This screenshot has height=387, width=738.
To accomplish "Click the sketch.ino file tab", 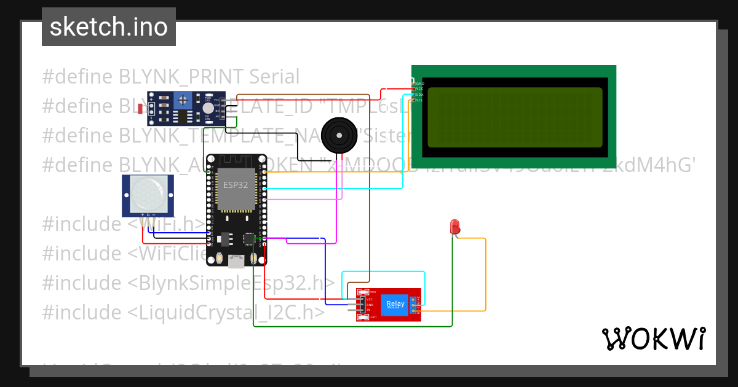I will [x=109, y=27].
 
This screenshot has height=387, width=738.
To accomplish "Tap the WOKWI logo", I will [x=653, y=338].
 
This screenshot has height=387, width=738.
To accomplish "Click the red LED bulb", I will [x=455, y=226].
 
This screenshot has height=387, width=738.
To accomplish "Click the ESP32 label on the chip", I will [x=235, y=184].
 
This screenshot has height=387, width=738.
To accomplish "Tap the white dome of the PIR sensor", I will [x=148, y=193].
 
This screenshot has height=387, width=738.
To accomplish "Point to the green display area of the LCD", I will [x=514, y=117].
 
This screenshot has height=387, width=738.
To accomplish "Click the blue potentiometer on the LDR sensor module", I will [x=182, y=99].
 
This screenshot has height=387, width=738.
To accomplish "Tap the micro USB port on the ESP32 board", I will [x=235, y=262].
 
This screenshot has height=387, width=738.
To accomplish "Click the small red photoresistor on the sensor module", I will [x=141, y=109].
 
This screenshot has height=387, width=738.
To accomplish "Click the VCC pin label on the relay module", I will [x=370, y=299].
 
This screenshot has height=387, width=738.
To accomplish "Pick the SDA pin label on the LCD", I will [x=419, y=95].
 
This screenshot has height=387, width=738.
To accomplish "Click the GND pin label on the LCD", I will [x=419, y=84].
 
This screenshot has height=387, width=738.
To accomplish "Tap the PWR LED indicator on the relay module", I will [x=363, y=292].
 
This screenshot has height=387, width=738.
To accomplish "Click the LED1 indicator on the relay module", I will [x=364, y=317].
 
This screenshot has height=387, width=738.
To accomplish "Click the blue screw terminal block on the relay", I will [x=413, y=305].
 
